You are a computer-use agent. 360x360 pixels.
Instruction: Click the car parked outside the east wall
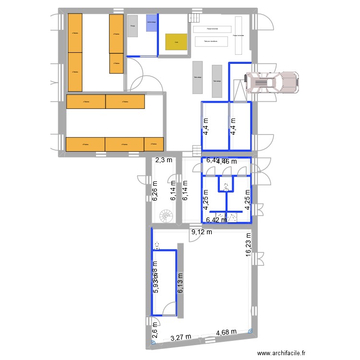(272, 82)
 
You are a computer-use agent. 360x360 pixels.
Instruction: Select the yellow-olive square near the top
(176, 42)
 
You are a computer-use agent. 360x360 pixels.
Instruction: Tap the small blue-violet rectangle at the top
(151, 23)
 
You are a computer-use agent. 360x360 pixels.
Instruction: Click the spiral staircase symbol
(166, 216)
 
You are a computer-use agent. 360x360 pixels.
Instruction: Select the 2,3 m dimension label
(163, 161)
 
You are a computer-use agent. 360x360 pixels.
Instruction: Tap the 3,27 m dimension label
(181, 338)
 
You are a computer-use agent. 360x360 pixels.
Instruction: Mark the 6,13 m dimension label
(180, 284)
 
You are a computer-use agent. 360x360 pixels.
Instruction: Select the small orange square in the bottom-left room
(154, 144)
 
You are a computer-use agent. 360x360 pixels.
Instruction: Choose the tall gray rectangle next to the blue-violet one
(133, 25)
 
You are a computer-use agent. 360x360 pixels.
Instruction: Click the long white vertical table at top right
(238, 35)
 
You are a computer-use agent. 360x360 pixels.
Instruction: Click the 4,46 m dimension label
(227, 162)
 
